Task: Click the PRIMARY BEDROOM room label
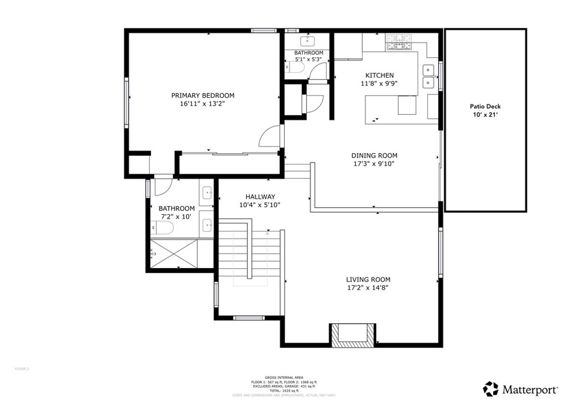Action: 202,96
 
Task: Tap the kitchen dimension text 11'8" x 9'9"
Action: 379,84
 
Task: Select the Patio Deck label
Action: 485,107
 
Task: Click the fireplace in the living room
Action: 352,334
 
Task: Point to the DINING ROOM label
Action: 374,155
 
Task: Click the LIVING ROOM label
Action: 368,279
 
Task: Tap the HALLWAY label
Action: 260,197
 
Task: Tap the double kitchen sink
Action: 428,76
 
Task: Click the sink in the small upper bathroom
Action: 307,41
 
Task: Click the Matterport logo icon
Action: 490,388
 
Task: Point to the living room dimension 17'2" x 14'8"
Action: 368,288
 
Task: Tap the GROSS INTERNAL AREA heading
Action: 283,376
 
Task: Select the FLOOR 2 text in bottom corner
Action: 22,369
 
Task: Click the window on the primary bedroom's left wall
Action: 126,103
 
